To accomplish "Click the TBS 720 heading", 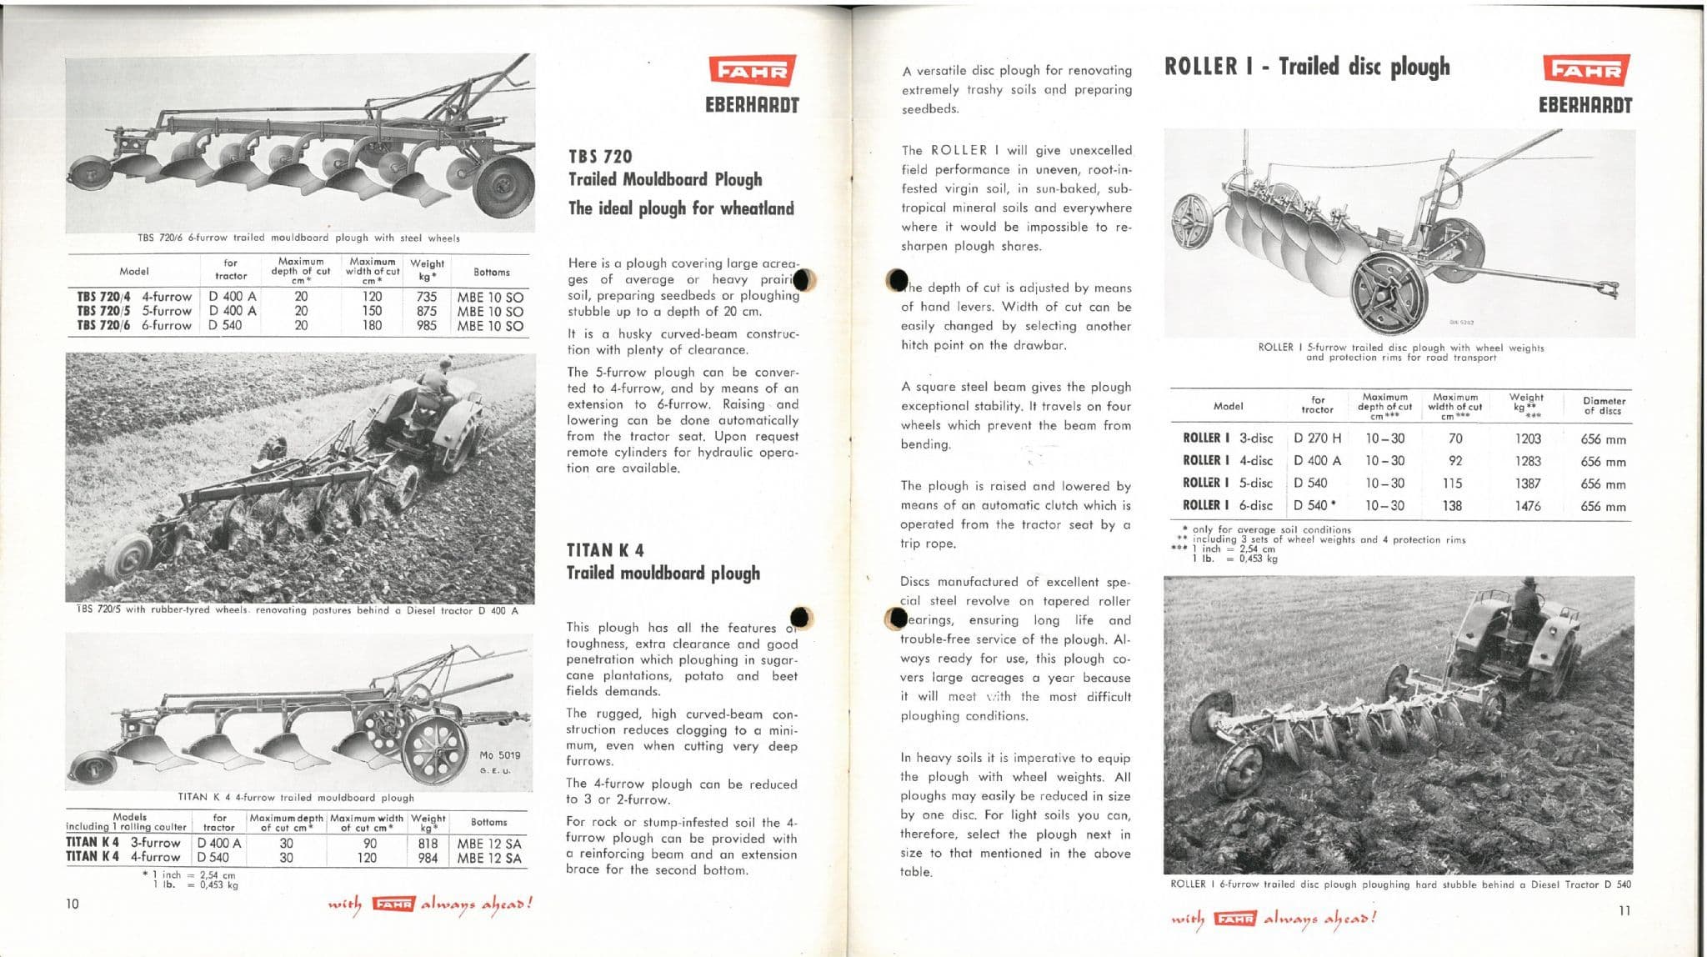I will coord(600,157).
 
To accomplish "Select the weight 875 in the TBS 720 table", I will coord(427,311).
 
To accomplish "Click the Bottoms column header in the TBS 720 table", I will coord(491,272).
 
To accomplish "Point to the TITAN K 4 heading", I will coord(605,550).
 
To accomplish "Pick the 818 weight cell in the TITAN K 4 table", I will coord(428,844).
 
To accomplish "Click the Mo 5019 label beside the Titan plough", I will coord(500,755).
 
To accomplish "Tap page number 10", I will coord(73,904).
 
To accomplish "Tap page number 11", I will coord(1624,910).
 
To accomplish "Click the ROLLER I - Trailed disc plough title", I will coord(1307,67).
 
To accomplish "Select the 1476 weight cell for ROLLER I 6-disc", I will coord(1528,506).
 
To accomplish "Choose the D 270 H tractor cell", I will coord(1317,438).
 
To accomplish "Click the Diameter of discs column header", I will coord(1604,406).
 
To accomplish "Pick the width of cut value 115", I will coord(1455,484).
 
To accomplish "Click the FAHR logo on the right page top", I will coord(1585,71).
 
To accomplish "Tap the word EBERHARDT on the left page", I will coord(752,106).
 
